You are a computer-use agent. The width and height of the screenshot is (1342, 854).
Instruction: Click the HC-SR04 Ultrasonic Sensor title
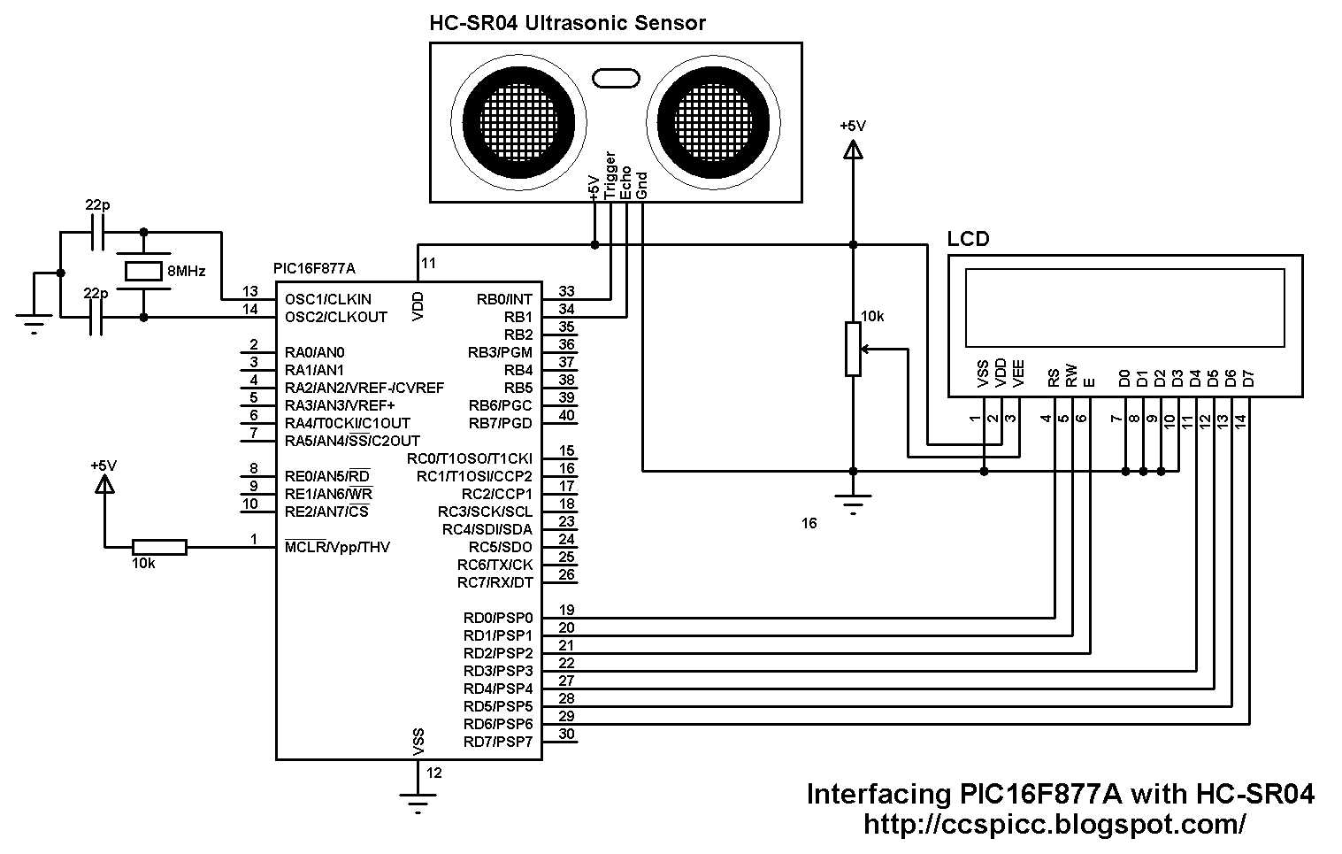tap(567, 23)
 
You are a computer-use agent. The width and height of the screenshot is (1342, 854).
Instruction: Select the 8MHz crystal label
tap(186, 272)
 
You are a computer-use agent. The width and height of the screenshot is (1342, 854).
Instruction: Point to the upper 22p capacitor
tap(97, 234)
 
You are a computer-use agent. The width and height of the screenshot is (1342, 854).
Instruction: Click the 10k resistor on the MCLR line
tap(159, 547)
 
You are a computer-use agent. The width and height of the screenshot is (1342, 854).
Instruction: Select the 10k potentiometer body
tap(853, 350)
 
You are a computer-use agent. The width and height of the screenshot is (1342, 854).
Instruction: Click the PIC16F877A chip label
tap(314, 268)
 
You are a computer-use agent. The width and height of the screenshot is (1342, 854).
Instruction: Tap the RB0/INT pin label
tap(504, 299)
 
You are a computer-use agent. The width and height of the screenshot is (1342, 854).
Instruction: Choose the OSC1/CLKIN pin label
tap(328, 299)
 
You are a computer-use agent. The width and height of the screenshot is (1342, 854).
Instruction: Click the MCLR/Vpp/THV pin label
tap(337, 547)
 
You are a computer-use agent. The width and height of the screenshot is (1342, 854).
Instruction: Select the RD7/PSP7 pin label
tap(498, 742)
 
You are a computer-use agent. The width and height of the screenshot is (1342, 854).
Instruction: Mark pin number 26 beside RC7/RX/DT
tap(567, 574)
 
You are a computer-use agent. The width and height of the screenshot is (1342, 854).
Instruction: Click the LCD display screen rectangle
tap(1124, 307)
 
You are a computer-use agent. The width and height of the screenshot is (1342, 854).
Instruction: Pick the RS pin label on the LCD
tap(1054, 379)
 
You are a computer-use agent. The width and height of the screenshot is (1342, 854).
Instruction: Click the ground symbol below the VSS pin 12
tap(418, 802)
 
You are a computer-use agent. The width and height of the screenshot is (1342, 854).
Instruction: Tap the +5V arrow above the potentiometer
tap(853, 151)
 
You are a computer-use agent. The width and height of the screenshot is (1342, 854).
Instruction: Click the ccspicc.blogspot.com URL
tap(1054, 824)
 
